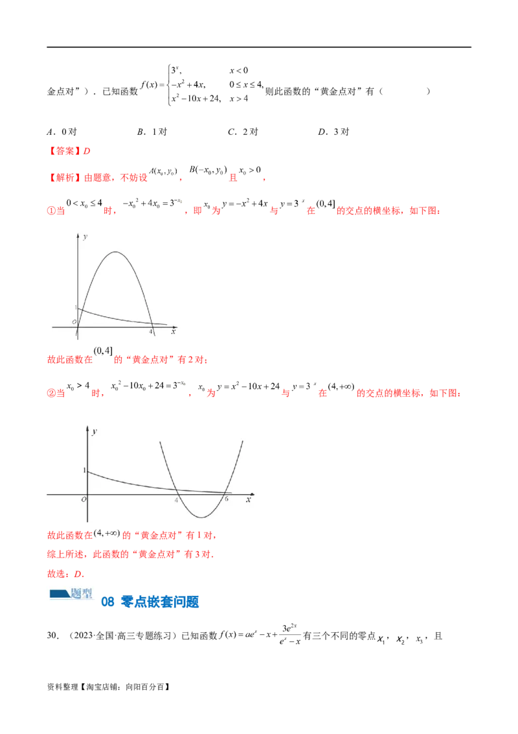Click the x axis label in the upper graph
[173, 331]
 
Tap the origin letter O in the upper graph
[74, 322]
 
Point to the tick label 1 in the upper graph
[75, 307]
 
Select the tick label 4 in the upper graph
[151, 332]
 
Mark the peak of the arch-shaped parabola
[115, 252]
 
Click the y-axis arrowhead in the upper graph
[78, 234]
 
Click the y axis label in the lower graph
[95, 431]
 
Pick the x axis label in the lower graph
[249, 500]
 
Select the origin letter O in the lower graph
[83, 500]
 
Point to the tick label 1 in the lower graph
[83, 469]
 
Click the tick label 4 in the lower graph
[176, 499]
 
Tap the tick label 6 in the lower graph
[225, 499]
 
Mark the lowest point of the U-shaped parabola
[202, 517]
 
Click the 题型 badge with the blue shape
[70, 591]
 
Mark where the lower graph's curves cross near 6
[222, 493]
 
